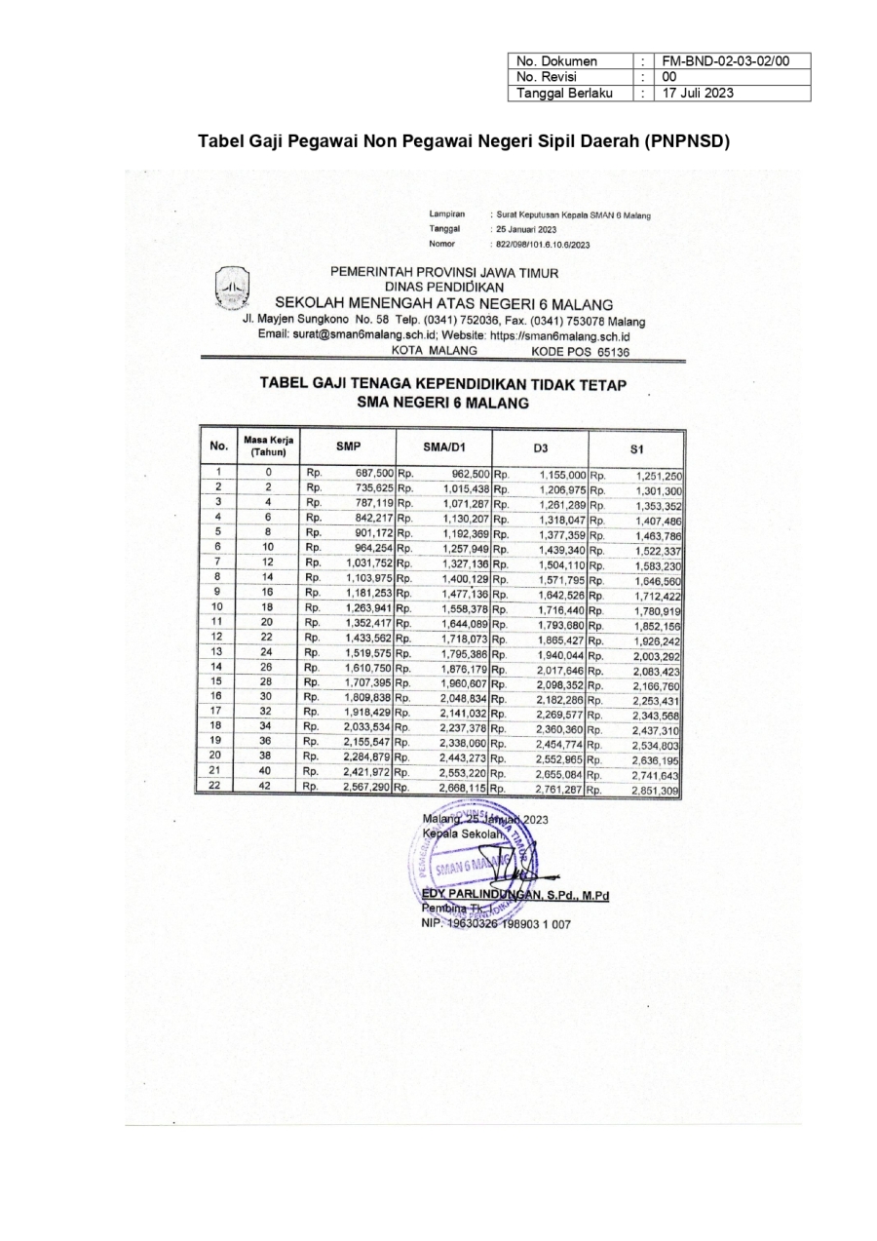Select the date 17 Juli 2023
[x=699, y=93]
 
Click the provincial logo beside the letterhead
[x=232, y=289]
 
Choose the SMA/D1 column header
[x=445, y=446]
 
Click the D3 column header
[x=541, y=447]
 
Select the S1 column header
[x=637, y=449]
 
